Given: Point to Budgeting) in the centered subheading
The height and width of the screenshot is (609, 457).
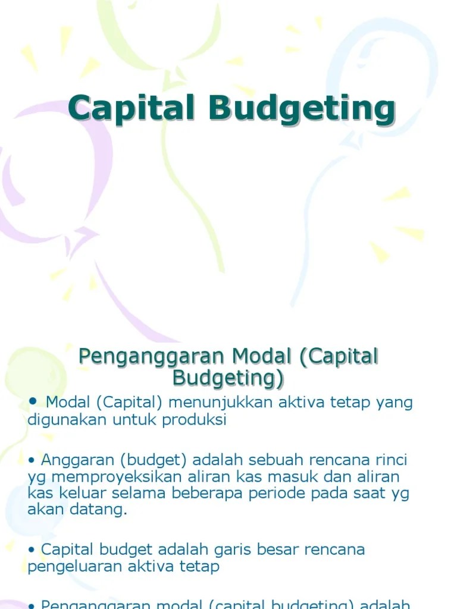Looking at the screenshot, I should tap(228, 378).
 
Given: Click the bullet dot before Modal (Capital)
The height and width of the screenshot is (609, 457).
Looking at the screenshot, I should tap(32, 401).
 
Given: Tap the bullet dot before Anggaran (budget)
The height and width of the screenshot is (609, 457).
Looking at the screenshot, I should tap(31, 460).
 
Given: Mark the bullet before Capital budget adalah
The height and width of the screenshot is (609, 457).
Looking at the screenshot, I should tap(31, 550).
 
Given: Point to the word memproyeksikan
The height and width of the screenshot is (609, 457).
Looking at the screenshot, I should tap(112, 478).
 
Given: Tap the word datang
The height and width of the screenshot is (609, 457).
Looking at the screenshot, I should tap(105, 510).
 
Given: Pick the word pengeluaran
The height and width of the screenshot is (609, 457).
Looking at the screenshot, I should tap(73, 567).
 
